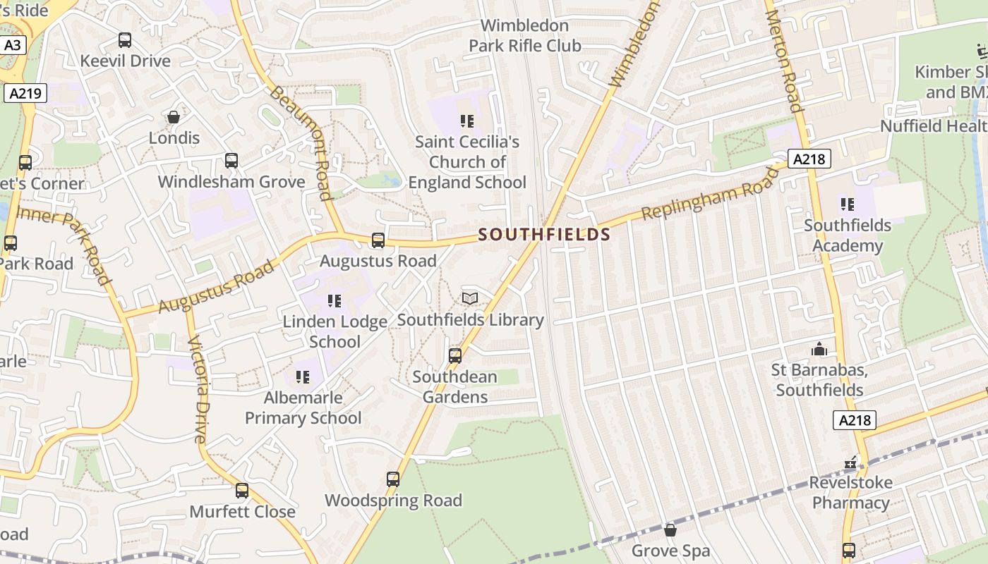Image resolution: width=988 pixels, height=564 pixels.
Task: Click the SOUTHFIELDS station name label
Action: click(543, 235)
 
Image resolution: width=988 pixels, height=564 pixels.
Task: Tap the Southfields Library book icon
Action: click(470, 299)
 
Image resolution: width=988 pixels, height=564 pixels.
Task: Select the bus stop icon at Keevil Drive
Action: click(125, 40)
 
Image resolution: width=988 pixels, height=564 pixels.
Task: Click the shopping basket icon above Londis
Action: click(174, 117)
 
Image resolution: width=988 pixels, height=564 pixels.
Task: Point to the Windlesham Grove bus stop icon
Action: click(231, 161)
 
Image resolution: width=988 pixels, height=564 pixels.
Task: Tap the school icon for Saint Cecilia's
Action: click(466, 121)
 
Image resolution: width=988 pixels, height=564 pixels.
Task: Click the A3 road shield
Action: click(13, 46)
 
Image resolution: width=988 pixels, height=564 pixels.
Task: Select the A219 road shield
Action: click(25, 93)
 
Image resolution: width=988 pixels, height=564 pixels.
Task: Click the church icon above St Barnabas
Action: click(819, 349)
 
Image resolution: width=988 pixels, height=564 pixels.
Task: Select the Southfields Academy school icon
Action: click(847, 204)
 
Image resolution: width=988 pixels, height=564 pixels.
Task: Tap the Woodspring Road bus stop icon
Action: click(393, 479)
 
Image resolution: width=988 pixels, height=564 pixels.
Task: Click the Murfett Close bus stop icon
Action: click(242, 491)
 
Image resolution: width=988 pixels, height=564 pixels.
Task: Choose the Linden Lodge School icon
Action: click(335, 301)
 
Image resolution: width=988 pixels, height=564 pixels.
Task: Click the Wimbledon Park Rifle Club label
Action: click(525, 35)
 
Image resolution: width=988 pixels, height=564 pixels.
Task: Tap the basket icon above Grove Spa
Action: click(670, 529)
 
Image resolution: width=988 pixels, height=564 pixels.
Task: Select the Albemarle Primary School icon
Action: click(303, 377)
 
